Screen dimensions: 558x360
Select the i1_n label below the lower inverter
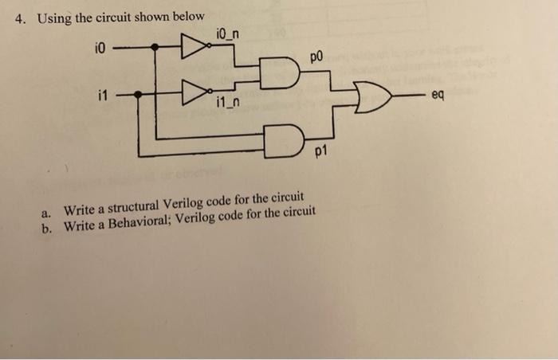228,104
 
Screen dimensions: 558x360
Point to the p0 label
316,58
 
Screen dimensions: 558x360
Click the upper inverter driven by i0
192,47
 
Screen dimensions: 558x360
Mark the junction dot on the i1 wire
137,95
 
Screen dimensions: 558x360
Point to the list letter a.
48,212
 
